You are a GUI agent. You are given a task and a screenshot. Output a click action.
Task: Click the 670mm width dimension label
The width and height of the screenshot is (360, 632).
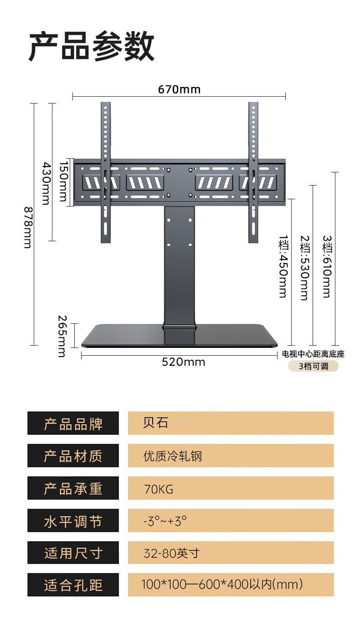coord(179,89)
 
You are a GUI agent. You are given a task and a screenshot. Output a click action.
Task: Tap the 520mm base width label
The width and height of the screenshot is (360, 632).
coord(183,362)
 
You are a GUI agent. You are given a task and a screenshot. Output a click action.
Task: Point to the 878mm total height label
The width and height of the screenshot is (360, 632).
coord(28,228)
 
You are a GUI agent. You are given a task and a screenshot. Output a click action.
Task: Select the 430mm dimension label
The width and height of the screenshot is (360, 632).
coord(46,183)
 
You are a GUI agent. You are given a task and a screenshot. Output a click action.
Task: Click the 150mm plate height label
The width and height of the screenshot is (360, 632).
coord(64,181)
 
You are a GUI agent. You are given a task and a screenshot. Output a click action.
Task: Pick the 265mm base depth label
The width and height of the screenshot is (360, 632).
coord(62,336)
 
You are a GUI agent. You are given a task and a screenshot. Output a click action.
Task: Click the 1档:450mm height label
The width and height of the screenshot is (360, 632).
coord(283,266)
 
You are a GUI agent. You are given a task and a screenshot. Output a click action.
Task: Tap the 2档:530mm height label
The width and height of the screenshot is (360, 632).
coord(305,268)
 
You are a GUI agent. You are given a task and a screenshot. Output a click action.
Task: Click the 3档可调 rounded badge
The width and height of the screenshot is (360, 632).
coord(313,366)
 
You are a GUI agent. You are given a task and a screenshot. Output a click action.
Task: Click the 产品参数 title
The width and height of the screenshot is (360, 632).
coord(92,46)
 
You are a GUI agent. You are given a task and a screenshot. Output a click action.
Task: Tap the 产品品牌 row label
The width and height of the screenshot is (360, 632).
coord(73,423)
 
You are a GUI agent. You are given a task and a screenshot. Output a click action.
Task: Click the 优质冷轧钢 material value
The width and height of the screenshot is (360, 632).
coord(173,456)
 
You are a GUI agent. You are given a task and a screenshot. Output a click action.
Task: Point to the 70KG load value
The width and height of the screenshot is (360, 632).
coord(159,489)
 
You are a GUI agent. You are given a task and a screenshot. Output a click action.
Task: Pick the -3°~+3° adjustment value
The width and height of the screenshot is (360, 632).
coord(165,521)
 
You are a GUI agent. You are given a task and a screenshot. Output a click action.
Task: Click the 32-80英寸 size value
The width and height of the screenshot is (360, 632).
coord(172,553)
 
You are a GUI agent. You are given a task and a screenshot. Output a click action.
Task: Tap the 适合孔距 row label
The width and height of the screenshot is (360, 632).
coord(73,585)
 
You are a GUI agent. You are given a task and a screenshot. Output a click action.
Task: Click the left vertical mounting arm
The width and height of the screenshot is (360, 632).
coord(106,172)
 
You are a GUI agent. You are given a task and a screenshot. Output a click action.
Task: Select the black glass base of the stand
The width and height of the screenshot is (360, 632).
coord(179,336)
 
